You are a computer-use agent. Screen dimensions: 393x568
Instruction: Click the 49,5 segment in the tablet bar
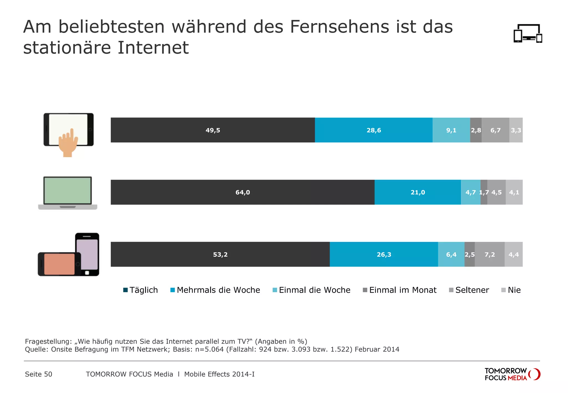point(213,130)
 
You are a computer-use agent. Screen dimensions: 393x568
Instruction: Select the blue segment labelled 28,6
point(374,130)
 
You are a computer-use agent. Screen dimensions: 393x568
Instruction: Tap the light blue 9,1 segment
point(451,130)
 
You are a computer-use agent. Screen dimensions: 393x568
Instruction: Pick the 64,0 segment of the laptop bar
point(242,192)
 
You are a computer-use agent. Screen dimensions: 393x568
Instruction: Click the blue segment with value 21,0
point(418,192)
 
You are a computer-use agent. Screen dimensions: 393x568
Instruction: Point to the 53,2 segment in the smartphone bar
point(220,254)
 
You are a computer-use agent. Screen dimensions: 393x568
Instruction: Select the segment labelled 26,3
point(384,254)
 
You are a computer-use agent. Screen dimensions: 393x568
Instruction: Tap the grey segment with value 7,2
point(490,254)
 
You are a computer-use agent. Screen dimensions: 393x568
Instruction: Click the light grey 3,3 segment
point(516,130)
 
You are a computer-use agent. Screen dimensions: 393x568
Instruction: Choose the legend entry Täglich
point(141,290)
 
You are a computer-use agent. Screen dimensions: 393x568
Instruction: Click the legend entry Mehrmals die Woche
point(215,290)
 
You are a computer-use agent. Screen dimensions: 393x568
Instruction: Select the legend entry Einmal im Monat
point(400,290)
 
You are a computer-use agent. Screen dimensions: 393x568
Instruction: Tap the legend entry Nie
point(511,290)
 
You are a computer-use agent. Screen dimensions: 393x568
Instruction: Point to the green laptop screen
point(68,190)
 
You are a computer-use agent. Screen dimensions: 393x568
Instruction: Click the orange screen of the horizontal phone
point(59,264)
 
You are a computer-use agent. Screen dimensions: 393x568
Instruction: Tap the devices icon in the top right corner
point(528,34)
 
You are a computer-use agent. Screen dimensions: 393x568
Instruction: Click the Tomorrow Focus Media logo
point(512,374)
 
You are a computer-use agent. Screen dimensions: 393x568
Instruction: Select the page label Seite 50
point(39,374)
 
